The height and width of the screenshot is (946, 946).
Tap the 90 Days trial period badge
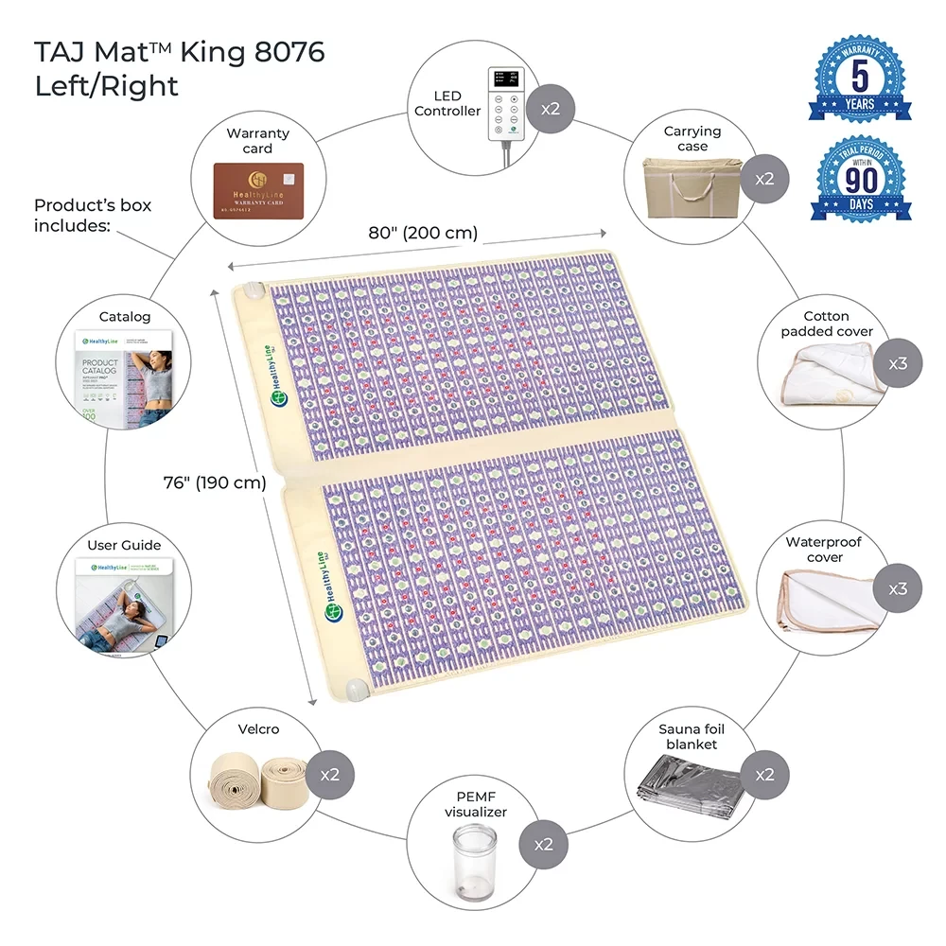click(x=861, y=180)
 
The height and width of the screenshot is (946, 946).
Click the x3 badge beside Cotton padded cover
click(x=897, y=361)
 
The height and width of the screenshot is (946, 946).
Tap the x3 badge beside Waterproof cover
click(x=897, y=588)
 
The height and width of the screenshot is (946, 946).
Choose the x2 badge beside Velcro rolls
click(x=329, y=774)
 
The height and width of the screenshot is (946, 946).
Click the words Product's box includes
click(x=93, y=216)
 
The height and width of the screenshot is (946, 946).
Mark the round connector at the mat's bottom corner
click(x=357, y=688)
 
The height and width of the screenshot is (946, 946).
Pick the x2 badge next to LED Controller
click(x=551, y=107)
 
